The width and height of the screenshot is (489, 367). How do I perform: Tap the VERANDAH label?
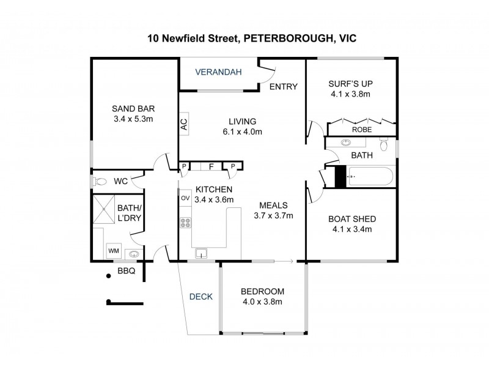coord(218,72)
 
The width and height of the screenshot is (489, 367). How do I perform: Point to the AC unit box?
coord(183,124)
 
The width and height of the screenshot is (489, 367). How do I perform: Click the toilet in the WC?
coord(100,182)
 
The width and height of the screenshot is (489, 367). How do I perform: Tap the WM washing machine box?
coord(113,251)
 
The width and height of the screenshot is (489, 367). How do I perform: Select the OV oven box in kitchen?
coord(185,198)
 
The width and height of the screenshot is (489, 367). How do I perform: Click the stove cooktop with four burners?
coord(185,224)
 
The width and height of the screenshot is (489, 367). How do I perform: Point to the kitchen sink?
coord(200,253)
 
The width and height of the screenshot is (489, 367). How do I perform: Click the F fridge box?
coord(211,166)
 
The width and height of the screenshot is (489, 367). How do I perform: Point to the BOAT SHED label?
coord(351,219)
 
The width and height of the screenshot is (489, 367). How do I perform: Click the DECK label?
coord(200,297)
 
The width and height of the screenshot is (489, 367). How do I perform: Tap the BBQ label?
coord(126,270)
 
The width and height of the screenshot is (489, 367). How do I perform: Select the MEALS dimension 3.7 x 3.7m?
coord(274,215)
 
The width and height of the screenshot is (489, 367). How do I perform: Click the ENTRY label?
coord(284,86)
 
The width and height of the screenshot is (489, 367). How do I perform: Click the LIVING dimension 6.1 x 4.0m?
coord(242,132)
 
